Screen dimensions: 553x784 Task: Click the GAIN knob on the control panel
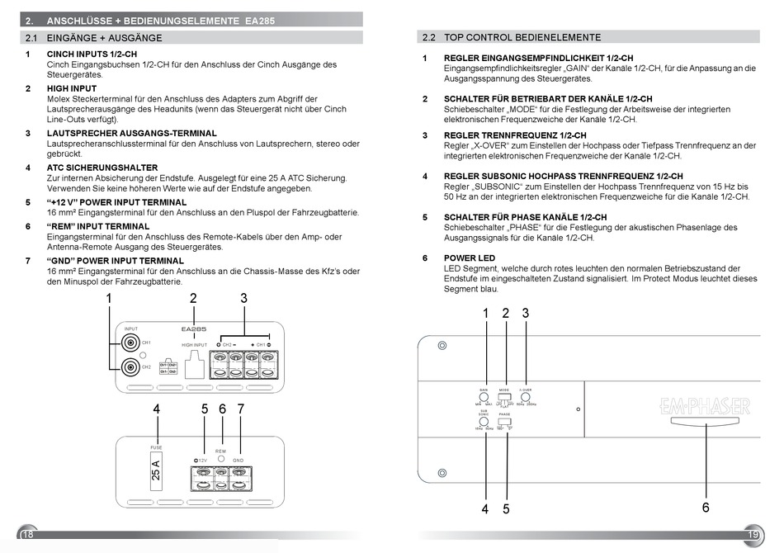[484, 397]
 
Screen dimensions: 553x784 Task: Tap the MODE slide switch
[504, 398]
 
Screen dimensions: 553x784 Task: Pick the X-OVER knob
[526, 397]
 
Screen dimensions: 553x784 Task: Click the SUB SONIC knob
[484, 420]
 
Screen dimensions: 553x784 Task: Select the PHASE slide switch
[505, 420]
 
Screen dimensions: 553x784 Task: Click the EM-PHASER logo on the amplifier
[705, 406]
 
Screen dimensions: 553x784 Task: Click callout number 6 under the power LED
[706, 508]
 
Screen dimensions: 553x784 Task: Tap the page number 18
[27, 536]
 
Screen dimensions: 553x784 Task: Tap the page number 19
[753, 535]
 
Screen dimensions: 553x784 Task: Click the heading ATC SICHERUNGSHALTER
[102, 168]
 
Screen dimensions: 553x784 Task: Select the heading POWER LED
[470, 258]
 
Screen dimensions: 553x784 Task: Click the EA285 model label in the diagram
[193, 328]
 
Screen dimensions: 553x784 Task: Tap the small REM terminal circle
[220, 460]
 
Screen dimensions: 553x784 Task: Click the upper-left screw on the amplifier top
[442, 345]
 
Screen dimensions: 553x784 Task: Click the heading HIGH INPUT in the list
[72, 88]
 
